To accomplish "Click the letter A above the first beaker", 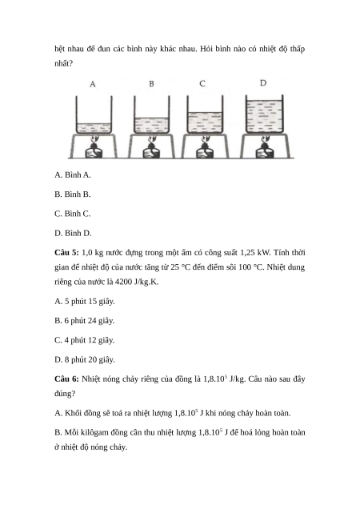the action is [x=93, y=84].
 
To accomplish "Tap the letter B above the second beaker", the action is [x=151, y=84].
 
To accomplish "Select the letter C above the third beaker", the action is [x=202, y=84].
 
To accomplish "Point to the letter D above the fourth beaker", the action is [x=263, y=83].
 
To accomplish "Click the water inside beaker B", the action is [x=151, y=126].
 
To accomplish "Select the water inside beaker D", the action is [x=264, y=117].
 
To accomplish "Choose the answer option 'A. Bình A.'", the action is [x=73, y=175].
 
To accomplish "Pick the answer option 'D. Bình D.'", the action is [x=73, y=233].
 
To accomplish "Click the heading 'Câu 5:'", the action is [x=66, y=253].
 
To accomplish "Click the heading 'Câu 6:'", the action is [x=66, y=379].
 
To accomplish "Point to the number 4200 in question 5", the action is [x=123, y=282].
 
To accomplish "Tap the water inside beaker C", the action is [x=205, y=122].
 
